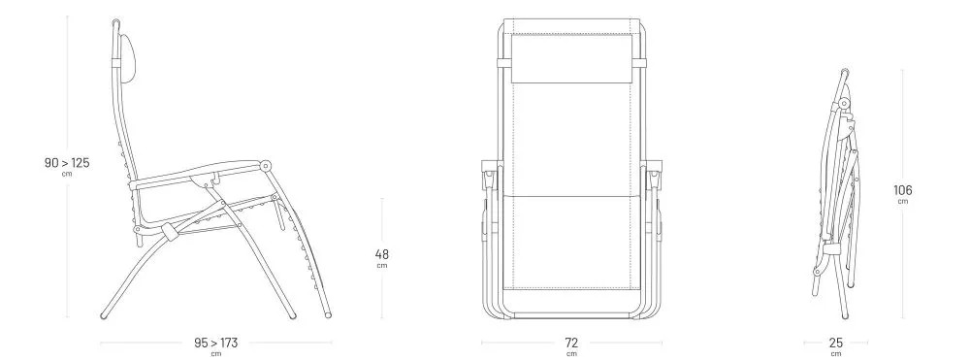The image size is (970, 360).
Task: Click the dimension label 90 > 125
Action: [67, 163]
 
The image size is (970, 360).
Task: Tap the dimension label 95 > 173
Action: [216, 343]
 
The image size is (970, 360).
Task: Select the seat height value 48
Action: [381, 254]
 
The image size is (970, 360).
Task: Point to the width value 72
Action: [571, 343]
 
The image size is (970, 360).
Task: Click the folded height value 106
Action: [902, 190]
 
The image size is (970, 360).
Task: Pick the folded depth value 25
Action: [836, 343]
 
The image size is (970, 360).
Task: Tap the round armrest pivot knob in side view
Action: [266, 166]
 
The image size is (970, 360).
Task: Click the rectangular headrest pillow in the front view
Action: [571, 59]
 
